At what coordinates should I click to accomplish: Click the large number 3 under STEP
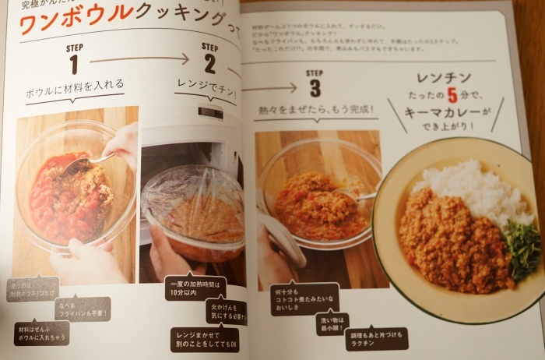(x=314, y=86)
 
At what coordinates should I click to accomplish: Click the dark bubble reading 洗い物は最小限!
(x=332, y=323)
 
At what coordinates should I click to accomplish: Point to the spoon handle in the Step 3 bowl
(x=357, y=196)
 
